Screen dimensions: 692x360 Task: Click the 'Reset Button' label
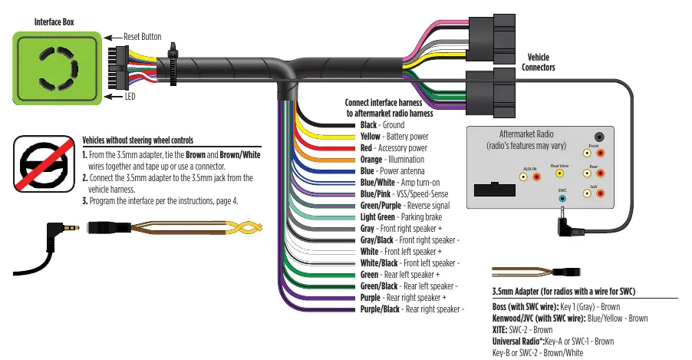[142, 37]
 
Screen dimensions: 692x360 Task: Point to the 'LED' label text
[130, 96]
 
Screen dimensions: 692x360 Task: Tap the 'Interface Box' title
[54, 22]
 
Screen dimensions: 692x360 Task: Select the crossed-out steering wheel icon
[44, 163]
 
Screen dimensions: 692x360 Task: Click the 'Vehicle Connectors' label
[538, 62]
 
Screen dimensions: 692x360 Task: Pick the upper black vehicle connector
[492, 39]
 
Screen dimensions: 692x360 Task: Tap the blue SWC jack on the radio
[562, 198]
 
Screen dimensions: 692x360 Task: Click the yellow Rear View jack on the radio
[559, 173]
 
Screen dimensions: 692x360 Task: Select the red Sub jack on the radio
[600, 193]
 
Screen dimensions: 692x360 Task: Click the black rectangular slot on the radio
[494, 190]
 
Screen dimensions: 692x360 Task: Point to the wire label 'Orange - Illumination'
[392, 160]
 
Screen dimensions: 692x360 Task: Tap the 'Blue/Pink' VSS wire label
[375, 194]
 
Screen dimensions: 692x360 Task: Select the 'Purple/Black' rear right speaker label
[380, 309]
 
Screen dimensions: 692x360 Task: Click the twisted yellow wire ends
[244, 228]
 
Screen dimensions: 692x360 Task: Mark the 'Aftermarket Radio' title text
[526, 134]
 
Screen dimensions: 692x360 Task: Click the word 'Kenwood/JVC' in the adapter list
[514, 319]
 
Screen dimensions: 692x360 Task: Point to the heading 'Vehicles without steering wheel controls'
[137, 140]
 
